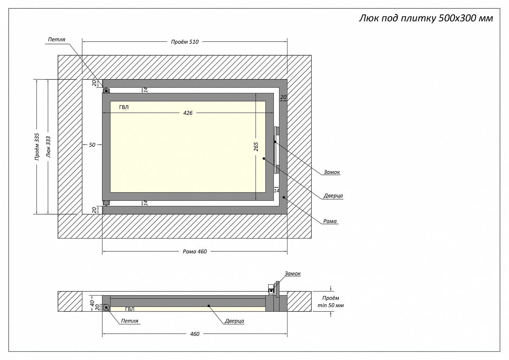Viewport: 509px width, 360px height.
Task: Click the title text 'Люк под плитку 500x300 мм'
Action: tap(426, 18)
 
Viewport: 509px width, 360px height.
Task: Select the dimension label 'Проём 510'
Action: tap(185, 42)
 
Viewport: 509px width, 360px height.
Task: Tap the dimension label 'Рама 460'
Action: tap(194, 251)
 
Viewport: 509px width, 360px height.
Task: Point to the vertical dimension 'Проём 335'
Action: tap(37, 147)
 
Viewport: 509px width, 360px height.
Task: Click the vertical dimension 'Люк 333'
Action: tap(48, 147)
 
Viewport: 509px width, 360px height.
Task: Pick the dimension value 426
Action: tap(188, 113)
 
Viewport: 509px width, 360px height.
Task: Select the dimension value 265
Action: tap(256, 147)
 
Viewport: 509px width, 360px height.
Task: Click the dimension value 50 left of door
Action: tap(92, 145)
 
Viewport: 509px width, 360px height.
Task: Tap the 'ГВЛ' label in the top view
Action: tap(124, 107)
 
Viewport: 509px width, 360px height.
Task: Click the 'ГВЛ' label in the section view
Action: tap(130, 309)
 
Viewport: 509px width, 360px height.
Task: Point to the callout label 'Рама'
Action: tap(330, 221)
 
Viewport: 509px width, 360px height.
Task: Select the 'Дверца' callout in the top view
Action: tap(333, 196)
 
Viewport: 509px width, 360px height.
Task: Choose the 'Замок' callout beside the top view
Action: tap(332, 172)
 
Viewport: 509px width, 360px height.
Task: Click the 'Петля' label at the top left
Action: tap(56, 39)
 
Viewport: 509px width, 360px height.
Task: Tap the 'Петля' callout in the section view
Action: tap(130, 321)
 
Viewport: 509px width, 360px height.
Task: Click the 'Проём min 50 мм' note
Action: tap(330, 302)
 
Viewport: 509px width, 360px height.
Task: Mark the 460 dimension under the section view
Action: tap(194, 334)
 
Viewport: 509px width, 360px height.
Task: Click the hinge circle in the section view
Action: tap(106, 307)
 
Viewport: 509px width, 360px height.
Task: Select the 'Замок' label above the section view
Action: tap(293, 273)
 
